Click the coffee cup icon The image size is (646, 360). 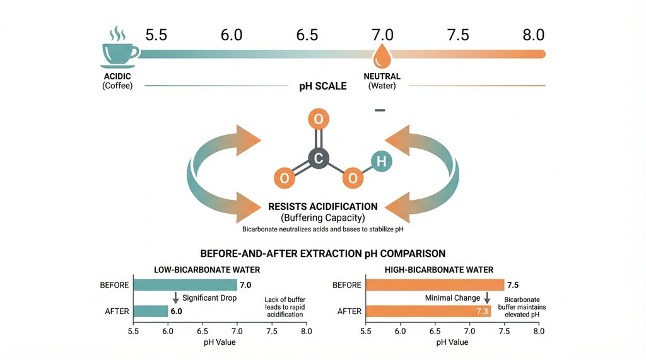119,50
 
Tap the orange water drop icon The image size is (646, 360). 382,56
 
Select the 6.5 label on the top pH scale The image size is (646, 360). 307,35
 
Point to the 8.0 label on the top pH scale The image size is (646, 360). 533,35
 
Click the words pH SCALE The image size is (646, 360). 322,86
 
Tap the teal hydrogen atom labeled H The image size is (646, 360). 380,161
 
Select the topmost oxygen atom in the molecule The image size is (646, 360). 319,119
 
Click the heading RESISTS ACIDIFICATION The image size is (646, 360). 322,206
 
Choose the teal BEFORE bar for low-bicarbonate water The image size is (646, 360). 185,285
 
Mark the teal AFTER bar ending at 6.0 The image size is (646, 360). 150,311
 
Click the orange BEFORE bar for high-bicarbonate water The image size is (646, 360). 435,285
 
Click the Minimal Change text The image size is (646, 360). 452,298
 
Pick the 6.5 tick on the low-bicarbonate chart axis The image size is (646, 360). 203,330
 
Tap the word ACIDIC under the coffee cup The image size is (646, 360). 117,76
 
